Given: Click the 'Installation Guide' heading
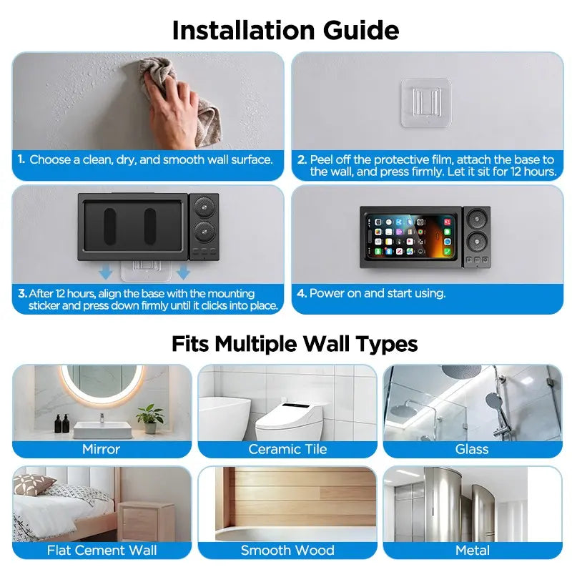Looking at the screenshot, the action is point(285,30).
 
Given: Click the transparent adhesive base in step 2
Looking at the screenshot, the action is point(426,103).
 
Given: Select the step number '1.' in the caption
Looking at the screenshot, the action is point(21,159).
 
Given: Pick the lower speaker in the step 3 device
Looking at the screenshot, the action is point(204,231).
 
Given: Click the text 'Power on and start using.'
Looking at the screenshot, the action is point(378,293).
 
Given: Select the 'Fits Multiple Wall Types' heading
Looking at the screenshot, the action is point(295,344).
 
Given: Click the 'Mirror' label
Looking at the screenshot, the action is point(101,449).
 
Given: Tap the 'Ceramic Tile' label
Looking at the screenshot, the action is point(287,449).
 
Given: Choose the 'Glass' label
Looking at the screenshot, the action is point(472,449).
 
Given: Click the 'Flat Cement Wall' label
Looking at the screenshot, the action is point(102,550).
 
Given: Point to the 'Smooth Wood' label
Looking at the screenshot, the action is point(287,550).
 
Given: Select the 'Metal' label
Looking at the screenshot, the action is point(473,550).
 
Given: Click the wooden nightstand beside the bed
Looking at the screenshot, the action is point(147,521).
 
